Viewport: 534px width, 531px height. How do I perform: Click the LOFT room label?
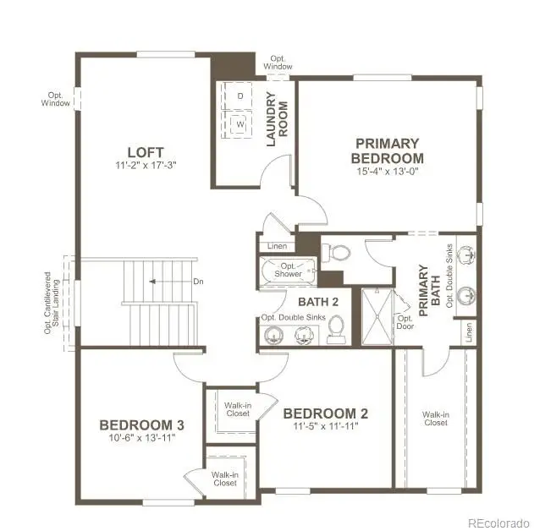tap(140, 152)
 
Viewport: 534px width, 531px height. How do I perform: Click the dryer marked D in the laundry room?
tap(239, 96)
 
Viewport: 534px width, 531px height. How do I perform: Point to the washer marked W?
tap(239, 125)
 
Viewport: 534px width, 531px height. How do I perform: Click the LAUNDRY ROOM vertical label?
tap(278, 118)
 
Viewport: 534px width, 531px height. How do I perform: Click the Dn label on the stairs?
tap(198, 282)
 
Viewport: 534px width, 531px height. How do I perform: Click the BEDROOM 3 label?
tap(142, 424)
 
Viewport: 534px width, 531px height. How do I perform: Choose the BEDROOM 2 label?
tap(326, 413)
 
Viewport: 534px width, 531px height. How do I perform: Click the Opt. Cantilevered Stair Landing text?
tap(53, 303)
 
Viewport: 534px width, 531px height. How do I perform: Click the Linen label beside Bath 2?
tap(277, 246)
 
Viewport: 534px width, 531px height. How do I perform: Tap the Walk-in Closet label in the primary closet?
tap(436, 419)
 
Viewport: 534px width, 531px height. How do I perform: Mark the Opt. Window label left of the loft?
tap(56, 99)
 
